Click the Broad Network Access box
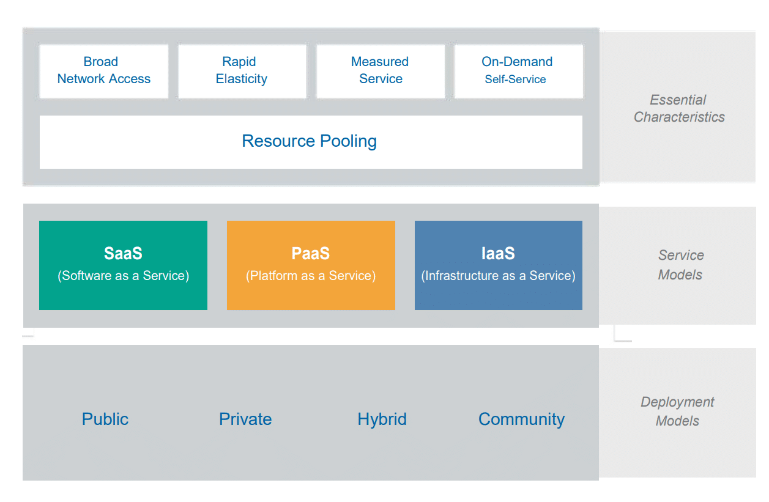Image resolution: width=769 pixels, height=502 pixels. click(x=103, y=71)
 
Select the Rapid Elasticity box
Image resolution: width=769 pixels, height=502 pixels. click(x=242, y=71)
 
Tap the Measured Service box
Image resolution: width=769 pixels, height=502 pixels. click(x=380, y=71)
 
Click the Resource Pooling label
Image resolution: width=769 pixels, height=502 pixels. click(x=309, y=141)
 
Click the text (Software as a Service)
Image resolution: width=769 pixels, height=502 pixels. click(x=124, y=276)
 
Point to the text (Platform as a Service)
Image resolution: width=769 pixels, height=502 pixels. click(x=311, y=276)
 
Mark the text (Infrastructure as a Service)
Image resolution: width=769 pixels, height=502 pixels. click(x=498, y=276)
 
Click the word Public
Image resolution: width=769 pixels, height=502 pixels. click(x=105, y=419)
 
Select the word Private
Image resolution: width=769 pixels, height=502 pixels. click(x=245, y=419)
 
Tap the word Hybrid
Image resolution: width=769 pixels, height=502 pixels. click(x=382, y=419)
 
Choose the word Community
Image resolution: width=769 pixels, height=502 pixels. click(x=521, y=419)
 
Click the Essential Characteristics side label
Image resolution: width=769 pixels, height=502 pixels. click(x=678, y=108)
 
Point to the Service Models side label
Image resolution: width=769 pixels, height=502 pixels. click(x=680, y=265)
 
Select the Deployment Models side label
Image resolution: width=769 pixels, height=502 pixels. click(x=677, y=411)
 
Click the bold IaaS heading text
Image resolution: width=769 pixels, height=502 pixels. click(x=498, y=254)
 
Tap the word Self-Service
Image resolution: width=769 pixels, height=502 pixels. click(x=515, y=79)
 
